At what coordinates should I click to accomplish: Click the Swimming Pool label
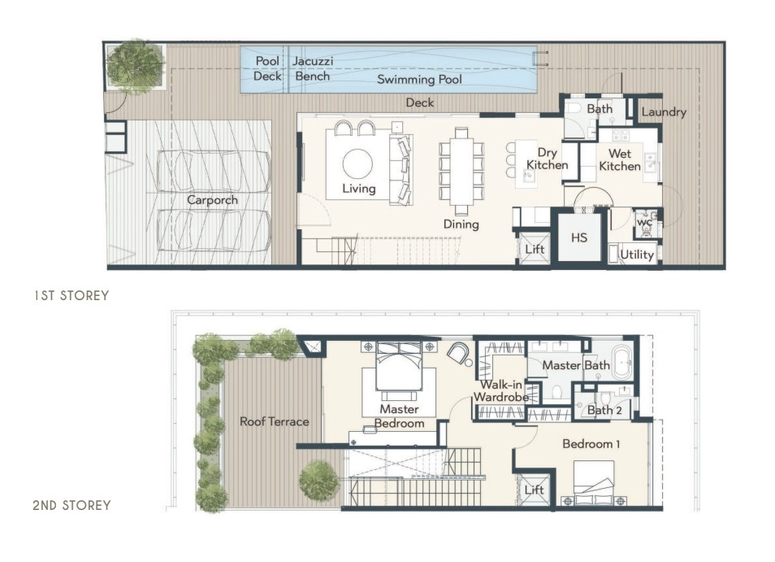[x=419, y=79]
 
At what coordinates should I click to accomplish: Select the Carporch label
[x=212, y=200]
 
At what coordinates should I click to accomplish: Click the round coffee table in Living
[x=357, y=163]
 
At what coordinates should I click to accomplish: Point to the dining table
[x=461, y=168]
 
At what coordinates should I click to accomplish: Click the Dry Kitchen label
[x=547, y=159]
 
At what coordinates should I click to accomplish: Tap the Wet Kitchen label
[x=619, y=159]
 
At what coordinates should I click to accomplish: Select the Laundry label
[x=664, y=112]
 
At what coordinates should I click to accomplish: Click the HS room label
[x=578, y=238]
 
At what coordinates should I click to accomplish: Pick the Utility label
[x=637, y=255]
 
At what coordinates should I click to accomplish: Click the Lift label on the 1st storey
[x=535, y=249]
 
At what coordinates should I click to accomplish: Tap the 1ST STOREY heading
[x=71, y=295]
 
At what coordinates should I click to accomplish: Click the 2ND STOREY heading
[x=71, y=505]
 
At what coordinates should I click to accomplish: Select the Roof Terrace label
[x=275, y=421]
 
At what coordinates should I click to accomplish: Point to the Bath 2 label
[x=604, y=410]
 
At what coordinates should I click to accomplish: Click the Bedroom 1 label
[x=591, y=444]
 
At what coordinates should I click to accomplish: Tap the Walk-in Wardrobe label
[x=501, y=391]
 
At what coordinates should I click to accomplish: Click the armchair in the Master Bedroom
[x=460, y=353]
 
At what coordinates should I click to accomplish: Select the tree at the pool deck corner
[x=135, y=66]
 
